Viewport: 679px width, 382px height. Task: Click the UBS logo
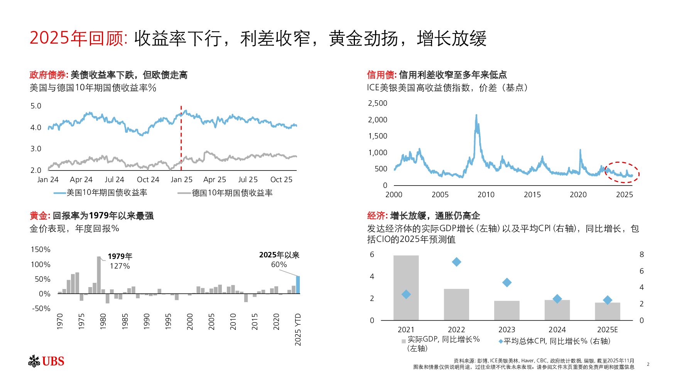(46, 361)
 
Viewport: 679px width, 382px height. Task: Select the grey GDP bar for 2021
(406, 287)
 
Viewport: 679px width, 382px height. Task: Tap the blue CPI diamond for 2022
(456, 262)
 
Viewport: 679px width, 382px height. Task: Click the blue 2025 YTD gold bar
(298, 285)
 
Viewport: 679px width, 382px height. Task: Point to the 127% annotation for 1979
(120, 266)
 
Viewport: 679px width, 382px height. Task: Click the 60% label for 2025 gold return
(279, 265)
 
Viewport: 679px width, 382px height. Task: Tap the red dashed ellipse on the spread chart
(622, 172)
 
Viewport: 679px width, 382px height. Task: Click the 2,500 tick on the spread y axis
(377, 103)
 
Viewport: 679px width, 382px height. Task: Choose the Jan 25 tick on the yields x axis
(181, 179)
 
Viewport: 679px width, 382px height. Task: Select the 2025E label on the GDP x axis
(607, 330)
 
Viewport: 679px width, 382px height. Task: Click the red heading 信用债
(381, 75)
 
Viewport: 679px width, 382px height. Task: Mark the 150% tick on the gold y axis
(41, 250)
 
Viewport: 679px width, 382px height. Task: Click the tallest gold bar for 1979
(99, 275)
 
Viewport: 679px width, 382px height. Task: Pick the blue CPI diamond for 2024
(557, 299)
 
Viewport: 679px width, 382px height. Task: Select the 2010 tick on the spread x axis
(486, 195)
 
